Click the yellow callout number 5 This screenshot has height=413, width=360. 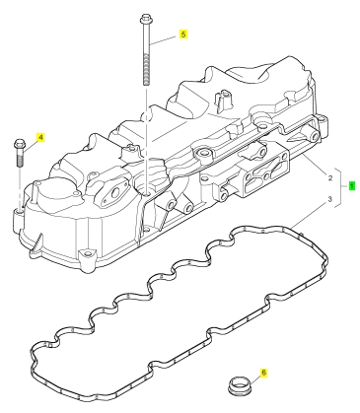[x=183, y=34]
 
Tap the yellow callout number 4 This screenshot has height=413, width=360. [x=40, y=137]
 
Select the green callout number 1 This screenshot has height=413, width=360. [x=351, y=186]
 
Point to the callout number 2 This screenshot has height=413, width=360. [x=330, y=178]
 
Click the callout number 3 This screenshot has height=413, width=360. [x=330, y=199]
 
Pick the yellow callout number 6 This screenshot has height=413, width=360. [x=263, y=373]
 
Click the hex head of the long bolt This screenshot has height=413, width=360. [x=145, y=19]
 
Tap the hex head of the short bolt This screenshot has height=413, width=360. [x=19, y=144]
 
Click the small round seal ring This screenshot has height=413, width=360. [x=240, y=385]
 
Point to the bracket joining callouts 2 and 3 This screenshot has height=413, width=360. [x=340, y=188]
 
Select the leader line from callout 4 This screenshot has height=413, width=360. [x=30, y=146]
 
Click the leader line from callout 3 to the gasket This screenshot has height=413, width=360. [x=309, y=215]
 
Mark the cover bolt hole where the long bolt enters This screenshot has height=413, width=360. [x=147, y=192]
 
